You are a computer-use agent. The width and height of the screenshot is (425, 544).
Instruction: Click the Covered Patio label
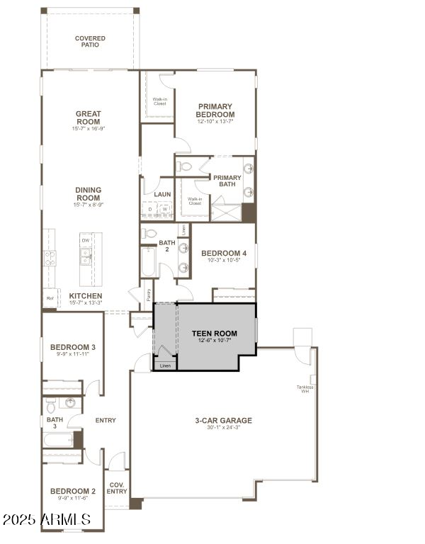tap(90, 41)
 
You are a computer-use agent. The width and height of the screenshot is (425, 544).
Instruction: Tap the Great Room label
tap(89, 118)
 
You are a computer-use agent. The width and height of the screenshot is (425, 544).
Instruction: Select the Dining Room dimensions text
tap(89, 205)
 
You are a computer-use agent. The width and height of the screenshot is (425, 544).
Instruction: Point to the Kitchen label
tap(86, 295)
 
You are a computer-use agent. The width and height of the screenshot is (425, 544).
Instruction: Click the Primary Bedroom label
tap(215, 110)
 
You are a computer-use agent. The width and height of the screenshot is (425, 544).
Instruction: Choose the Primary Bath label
tap(227, 181)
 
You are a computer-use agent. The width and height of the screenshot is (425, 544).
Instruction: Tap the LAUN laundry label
tap(162, 193)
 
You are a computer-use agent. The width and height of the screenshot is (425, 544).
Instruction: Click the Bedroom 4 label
tap(224, 253)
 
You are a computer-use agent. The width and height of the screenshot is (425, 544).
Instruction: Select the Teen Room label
tap(214, 333)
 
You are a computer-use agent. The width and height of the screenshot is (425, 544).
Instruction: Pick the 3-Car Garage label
tap(223, 421)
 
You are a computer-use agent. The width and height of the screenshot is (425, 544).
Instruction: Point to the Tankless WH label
tap(305, 389)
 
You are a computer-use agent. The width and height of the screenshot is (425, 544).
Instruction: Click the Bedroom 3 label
tap(72, 347)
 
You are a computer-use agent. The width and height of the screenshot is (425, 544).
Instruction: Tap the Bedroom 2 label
tap(72, 491)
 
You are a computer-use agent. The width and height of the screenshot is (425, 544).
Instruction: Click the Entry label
tap(106, 421)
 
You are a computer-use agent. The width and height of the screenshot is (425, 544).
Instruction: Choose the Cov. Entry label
tap(117, 488)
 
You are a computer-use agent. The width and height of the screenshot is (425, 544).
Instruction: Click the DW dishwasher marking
tap(85, 241)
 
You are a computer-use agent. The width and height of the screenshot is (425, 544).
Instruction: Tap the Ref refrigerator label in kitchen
tap(50, 298)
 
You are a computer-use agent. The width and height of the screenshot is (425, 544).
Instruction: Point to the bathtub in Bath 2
tap(148, 261)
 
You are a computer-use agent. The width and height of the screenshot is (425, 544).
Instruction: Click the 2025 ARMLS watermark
tap(46, 520)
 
